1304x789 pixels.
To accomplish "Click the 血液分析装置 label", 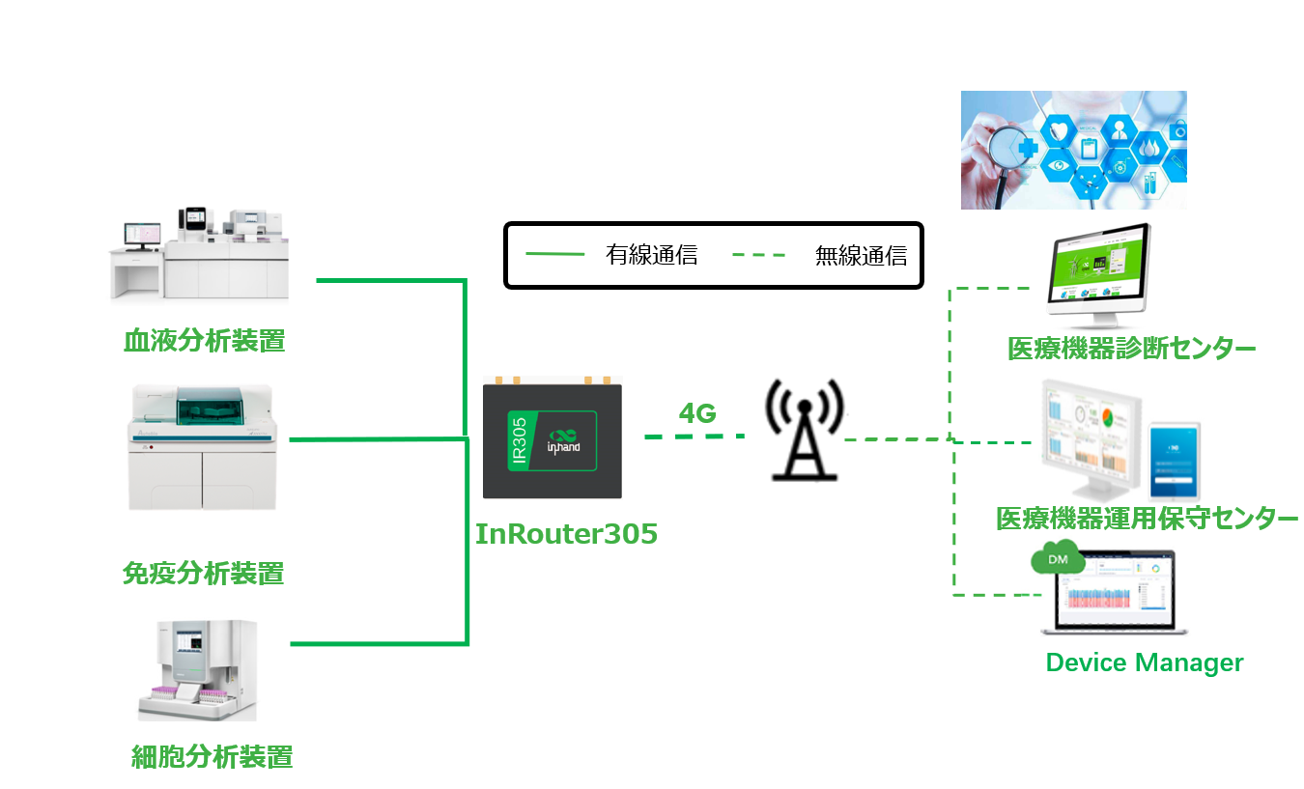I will (204, 341).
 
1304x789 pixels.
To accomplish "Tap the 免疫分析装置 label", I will (204, 574).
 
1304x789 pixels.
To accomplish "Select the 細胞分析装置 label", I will (212, 756).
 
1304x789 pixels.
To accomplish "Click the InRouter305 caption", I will (566, 534).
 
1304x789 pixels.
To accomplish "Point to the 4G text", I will (696, 413).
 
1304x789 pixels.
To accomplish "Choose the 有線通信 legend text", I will (651, 256).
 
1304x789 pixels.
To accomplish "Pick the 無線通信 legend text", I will (861, 256).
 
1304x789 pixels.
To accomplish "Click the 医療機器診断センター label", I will (1131, 349).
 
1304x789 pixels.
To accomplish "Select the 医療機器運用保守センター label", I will (1147, 520).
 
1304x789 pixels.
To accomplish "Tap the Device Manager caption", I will (1145, 662).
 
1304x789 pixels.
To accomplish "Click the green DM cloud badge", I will (1058, 559).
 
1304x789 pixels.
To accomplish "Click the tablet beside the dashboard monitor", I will (1174, 461).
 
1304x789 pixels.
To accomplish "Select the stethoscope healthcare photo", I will (1073, 150).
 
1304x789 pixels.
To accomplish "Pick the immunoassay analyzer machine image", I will (202, 447).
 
